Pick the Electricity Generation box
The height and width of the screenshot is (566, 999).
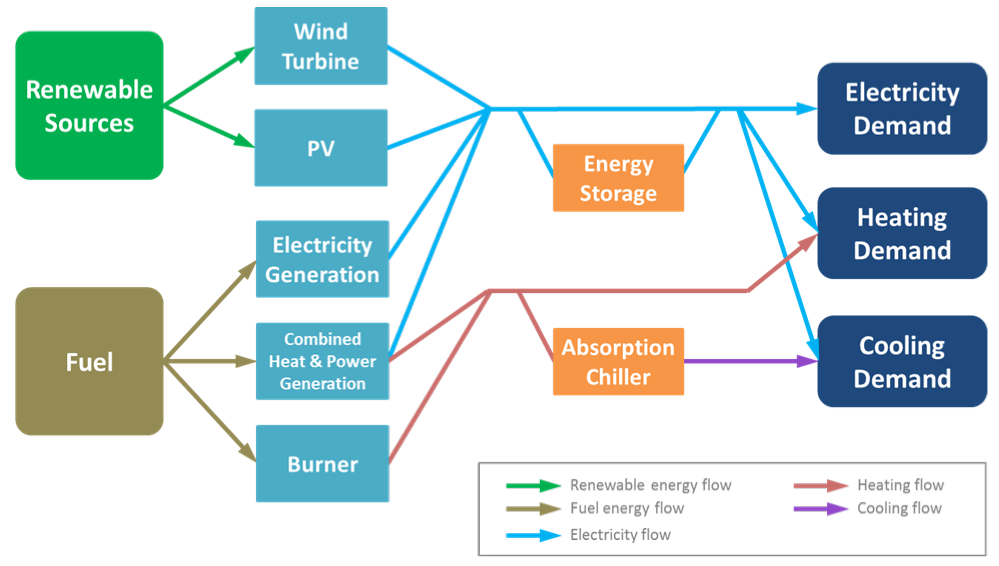click(x=322, y=259)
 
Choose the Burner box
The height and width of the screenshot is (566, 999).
click(x=322, y=464)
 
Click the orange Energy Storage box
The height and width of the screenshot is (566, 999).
click(x=618, y=178)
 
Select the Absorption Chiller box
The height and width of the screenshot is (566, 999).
click(x=618, y=362)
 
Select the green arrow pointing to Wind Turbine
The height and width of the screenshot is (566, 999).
click(x=210, y=76)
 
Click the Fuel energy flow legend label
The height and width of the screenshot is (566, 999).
click(x=626, y=508)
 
